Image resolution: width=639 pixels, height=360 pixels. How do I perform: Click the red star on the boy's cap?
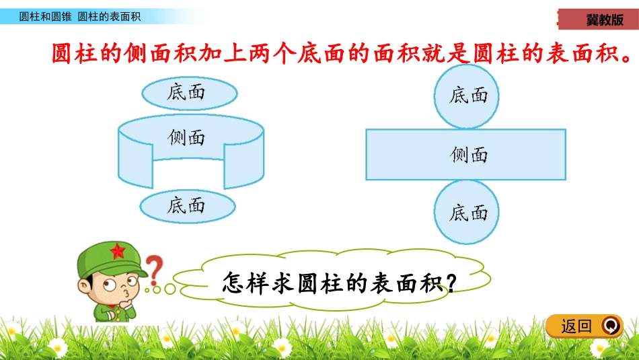(118, 252)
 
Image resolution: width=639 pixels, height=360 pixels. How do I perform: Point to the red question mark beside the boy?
(155, 268)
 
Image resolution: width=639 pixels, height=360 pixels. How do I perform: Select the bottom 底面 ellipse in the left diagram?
(186, 205)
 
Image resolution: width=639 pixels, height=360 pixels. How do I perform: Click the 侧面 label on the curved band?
(186, 138)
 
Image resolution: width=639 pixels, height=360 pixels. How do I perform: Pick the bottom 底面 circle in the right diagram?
(469, 213)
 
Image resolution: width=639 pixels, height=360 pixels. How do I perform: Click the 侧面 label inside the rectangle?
(469, 155)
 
